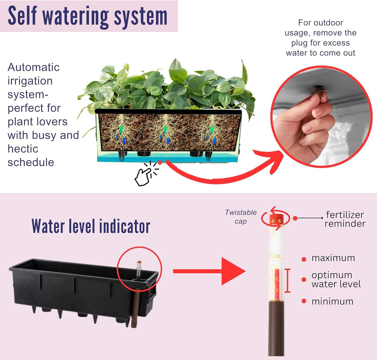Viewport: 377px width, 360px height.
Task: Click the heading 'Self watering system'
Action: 88,16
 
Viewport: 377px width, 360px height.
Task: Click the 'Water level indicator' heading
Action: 91,226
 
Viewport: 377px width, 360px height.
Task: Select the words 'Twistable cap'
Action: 241,217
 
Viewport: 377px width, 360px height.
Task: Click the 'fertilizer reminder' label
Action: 345,219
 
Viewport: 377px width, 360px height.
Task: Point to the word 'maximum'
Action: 333,258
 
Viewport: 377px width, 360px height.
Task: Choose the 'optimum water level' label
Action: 336,279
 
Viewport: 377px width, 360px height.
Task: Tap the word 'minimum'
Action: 332,301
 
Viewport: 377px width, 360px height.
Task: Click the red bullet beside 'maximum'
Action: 304,259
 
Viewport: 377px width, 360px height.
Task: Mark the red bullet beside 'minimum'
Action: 304,301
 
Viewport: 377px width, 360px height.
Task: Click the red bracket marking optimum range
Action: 288,281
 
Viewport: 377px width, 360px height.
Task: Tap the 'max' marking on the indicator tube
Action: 275,256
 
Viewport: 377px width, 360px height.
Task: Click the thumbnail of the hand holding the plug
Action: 321,116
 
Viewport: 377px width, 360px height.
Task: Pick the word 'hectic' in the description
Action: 23,149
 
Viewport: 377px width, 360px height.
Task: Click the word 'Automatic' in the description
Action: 34,67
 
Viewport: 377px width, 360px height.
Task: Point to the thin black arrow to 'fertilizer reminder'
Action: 310,218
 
